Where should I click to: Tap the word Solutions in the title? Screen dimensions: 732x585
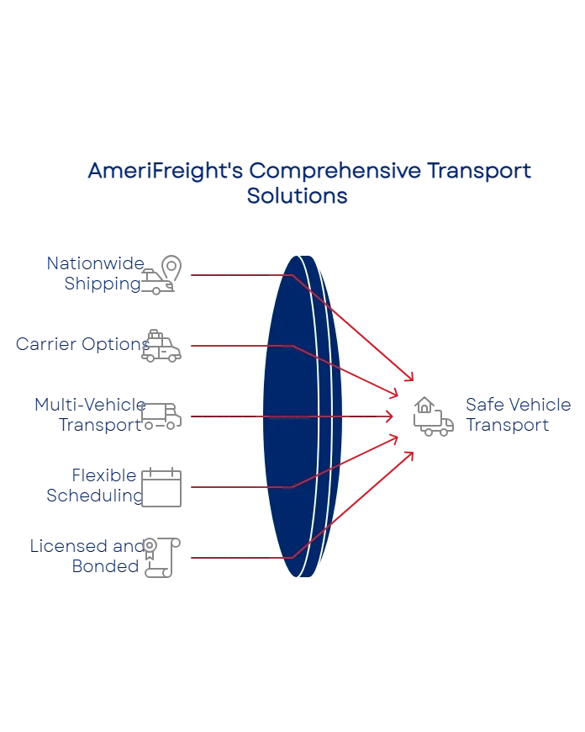coord(298,196)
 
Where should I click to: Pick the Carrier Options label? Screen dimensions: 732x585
coord(83,344)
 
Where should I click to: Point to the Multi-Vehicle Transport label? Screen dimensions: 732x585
coord(90,414)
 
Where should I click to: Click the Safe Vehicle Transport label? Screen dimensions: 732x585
coord(507,414)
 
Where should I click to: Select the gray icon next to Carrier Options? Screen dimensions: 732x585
coord(162,343)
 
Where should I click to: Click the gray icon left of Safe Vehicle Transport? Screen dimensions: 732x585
coord(435,414)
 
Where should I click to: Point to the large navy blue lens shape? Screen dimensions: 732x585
coord(298,416)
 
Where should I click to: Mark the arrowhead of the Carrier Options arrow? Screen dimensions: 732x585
coord(393,393)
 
